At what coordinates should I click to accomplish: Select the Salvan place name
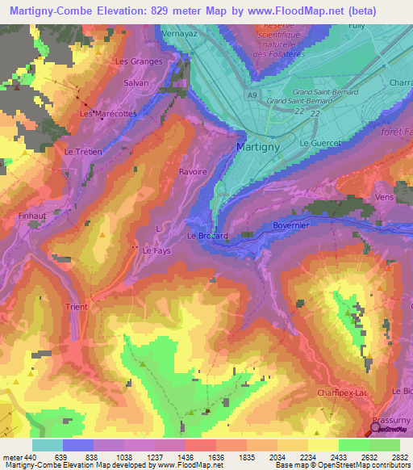(135, 82)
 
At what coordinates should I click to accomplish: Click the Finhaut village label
(33, 216)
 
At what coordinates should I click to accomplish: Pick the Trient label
(78, 307)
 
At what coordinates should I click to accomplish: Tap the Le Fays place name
(156, 251)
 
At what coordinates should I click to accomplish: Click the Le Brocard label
(207, 236)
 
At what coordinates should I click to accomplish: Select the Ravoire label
(193, 171)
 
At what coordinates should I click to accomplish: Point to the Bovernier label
(292, 225)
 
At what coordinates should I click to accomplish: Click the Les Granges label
(139, 61)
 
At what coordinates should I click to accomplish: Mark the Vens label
(385, 196)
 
